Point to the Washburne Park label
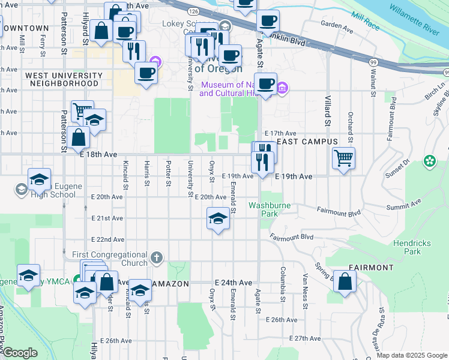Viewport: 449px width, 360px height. (x=270, y=209)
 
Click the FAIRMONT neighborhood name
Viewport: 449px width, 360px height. (x=372, y=268)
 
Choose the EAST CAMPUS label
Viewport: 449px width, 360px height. (x=307, y=142)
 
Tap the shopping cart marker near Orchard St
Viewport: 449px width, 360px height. (x=343, y=158)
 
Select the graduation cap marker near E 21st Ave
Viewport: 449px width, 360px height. (x=218, y=218)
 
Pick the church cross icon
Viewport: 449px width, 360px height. (x=156, y=259)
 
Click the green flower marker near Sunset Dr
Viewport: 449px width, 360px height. (x=430, y=161)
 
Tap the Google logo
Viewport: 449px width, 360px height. (x=19, y=353)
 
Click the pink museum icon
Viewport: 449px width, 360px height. (x=282, y=89)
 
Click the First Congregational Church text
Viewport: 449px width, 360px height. (x=110, y=259)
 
